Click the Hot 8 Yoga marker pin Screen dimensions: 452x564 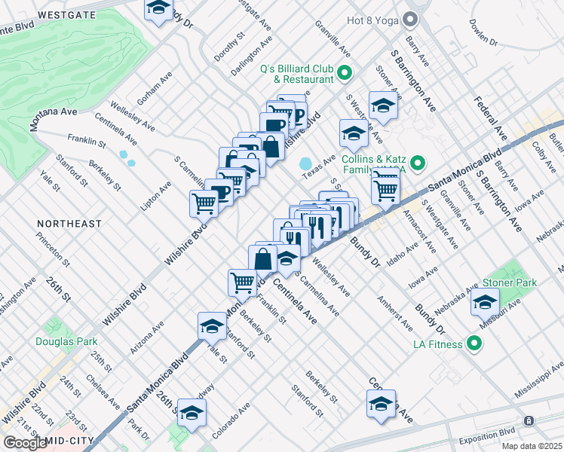(x=410, y=18)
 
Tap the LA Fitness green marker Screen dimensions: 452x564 (x=474, y=345)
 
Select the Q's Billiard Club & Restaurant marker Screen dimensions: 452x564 (x=345, y=73)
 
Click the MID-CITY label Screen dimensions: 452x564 (x=71, y=441)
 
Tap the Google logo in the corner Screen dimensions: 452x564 (x=24, y=443)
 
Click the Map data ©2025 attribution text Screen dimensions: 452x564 (x=532, y=446)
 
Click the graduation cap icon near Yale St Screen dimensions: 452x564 (x=212, y=325)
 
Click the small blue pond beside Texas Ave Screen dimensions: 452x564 (x=306, y=163)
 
